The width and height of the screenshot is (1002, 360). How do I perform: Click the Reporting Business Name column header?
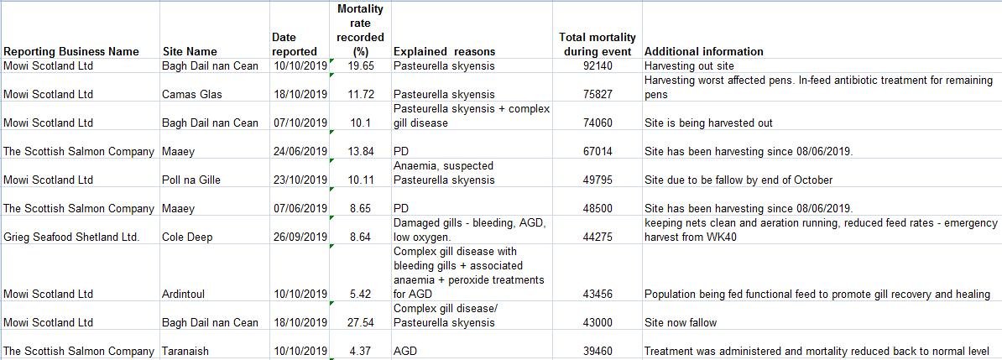(x=71, y=51)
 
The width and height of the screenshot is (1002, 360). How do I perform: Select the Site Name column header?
(x=189, y=51)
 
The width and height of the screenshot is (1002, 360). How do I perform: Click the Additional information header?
(x=704, y=51)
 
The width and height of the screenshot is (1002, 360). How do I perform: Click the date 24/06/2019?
(x=300, y=151)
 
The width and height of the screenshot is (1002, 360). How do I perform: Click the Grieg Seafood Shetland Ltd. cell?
(x=71, y=237)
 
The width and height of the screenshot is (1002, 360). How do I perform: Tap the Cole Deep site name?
(x=186, y=237)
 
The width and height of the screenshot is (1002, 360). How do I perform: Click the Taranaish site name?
(x=185, y=351)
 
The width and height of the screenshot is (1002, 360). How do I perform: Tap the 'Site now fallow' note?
(x=681, y=322)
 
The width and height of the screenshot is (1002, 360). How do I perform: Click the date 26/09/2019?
(x=300, y=237)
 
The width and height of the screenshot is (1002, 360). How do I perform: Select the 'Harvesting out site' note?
(x=689, y=65)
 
